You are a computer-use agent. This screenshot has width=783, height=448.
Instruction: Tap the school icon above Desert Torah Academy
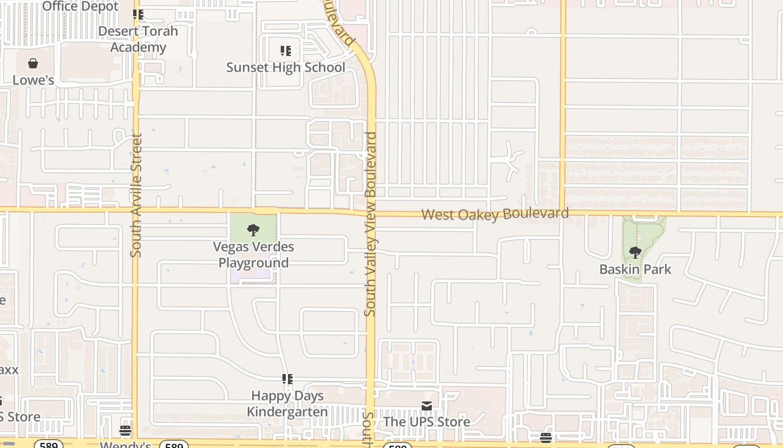pos(138,15)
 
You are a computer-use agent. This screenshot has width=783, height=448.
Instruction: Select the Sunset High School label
pos(286,68)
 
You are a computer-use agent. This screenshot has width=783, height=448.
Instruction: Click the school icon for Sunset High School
pos(286,52)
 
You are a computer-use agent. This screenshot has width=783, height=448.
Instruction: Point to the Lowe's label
pos(34,80)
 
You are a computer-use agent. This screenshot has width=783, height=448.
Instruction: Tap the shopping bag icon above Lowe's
pos(33,63)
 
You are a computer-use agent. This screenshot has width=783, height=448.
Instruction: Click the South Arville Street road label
pos(136,195)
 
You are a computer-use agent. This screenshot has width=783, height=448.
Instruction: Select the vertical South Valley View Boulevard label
pos(370,224)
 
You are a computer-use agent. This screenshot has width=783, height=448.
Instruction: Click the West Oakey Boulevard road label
pos(495,214)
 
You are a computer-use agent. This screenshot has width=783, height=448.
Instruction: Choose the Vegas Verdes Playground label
pos(253,255)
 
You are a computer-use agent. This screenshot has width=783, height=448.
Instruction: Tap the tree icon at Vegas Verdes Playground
pos(253,230)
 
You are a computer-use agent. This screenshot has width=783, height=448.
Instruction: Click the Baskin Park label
pos(635,269)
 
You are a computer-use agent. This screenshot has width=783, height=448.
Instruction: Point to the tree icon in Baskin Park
pos(635,253)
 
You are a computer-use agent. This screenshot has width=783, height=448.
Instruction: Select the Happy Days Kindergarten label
pos(287,404)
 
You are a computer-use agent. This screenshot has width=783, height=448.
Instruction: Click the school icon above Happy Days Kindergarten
pos(287,380)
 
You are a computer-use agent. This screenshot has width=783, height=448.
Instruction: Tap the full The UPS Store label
pos(427,422)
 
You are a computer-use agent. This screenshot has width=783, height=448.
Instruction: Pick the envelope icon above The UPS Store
pos(427,405)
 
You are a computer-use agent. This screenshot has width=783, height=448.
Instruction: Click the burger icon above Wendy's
pos(125,431)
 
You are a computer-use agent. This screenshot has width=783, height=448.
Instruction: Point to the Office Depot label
pos(81,6)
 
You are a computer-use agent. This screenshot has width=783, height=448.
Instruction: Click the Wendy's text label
pos(125,445)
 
